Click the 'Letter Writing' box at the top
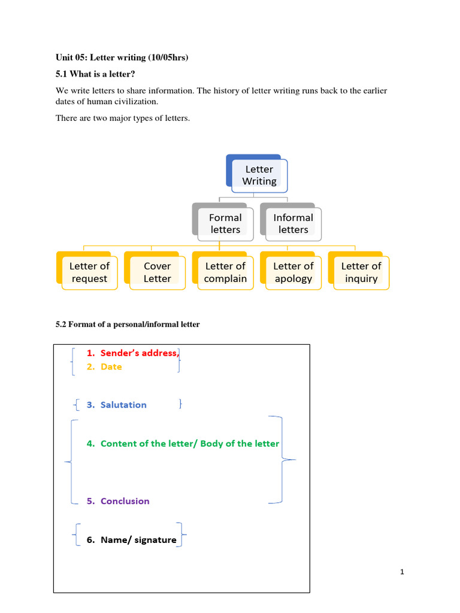pyautogui.click(x=259, y=175)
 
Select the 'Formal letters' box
pyautogui.click(x=225, y=223)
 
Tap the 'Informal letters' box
pyautogui.click(x=293, y=223)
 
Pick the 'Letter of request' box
pyautogui.click(x=89, y=272)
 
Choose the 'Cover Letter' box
pyautogui.click(x=157, y=272)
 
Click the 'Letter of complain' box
pyautogui.click(x=225, y=272)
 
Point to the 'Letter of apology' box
pyautogui.click(x=293, y=272)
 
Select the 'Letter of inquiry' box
pyautogui.click(x=361, y=272)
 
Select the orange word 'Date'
pyautogui.click(x=111, y=367)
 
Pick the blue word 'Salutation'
pyautogui.click(x=123, y=405)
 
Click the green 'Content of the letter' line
pyautogui.click(x=190, y=444)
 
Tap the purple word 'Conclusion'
pyautogui.click(x=125, y=501)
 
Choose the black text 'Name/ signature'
pyautogui.click(x=138, y=540)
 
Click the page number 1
pyautogui.click(x=402, y=572)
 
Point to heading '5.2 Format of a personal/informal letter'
pyautogui.click(x=128, y=324)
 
